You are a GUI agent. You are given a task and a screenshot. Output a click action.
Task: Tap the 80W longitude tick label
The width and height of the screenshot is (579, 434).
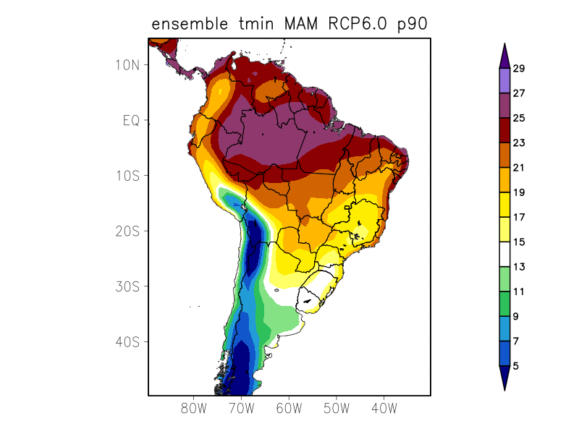194,409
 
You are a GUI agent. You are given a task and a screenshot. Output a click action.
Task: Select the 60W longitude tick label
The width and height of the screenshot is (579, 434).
289,409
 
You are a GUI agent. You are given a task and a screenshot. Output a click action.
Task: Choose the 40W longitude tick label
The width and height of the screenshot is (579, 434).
384,409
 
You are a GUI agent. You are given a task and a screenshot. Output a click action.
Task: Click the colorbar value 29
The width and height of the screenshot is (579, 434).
518,69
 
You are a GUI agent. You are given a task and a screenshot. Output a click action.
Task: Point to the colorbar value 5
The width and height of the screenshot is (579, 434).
515,366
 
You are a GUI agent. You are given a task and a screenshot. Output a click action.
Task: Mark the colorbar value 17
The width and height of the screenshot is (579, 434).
518,217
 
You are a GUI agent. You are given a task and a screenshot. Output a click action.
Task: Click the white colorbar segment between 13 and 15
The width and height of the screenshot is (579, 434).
504,255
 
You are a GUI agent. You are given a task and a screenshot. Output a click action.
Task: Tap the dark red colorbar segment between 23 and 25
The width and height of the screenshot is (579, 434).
504,130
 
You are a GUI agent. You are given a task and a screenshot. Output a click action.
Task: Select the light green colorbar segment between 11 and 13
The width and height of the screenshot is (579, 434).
504,279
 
